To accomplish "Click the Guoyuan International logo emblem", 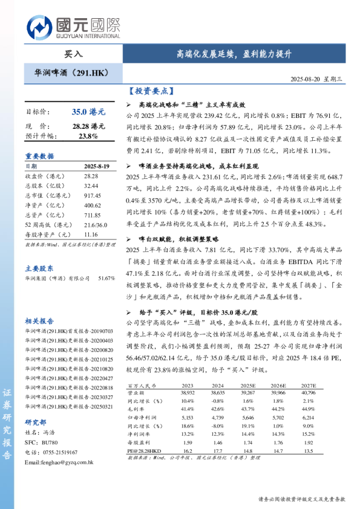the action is pos(39,26).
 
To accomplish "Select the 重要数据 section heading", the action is pos(39,155).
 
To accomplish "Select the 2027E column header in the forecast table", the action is pos(308,384).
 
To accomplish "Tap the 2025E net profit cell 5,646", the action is pos(249,417).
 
